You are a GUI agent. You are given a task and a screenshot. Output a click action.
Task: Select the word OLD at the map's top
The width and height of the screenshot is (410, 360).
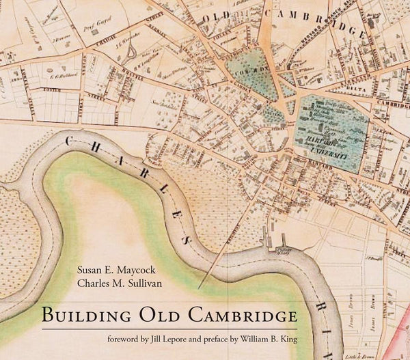(x=219, y=17)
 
